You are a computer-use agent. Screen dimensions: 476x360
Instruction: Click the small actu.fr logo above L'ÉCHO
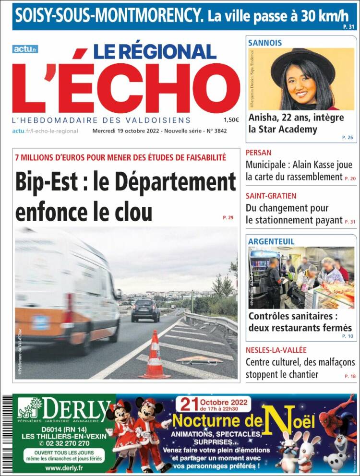pos(25,49)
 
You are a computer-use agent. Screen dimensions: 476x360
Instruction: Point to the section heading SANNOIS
pos(264,43)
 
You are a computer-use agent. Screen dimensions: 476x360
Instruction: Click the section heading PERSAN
pos(258,153)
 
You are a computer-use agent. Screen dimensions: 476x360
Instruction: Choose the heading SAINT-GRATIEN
pos(271,196)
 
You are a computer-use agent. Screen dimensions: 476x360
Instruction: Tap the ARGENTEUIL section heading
pos(271,241)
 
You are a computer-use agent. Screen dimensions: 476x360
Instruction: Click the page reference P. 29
pos(228,218)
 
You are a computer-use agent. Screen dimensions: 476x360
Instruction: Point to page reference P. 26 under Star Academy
pos(348,137)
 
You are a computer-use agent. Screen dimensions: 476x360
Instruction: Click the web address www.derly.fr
pos(64,467)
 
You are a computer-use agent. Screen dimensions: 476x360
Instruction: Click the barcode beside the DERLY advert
pos(7,432)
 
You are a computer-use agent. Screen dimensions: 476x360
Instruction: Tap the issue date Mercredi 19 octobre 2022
pos(126,131)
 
